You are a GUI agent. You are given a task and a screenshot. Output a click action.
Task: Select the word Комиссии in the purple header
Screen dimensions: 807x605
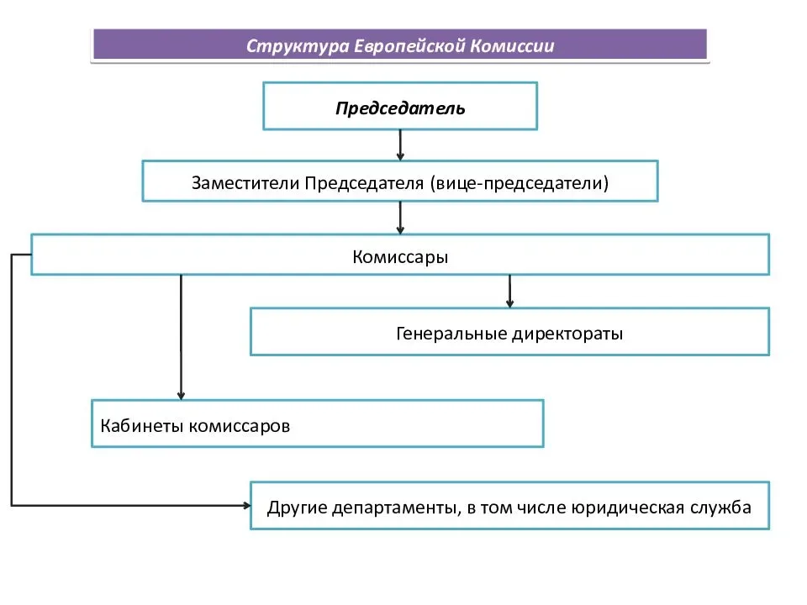pyautogui.click(x=512, y=45)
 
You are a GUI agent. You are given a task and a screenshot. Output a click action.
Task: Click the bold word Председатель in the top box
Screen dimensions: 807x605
pyautogui.click(x=400, y=108)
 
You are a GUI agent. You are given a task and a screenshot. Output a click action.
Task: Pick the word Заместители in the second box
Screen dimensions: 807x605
pyautogui.click(x=245, y=182)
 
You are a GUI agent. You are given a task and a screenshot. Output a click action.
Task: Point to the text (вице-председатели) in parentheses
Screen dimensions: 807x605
pyautogui.click(x=519, y=183)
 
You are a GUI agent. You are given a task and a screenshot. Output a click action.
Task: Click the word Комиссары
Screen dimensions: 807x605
pyautogui.click(x=400, y=257)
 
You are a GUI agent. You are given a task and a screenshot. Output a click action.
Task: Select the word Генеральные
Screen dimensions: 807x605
pyautogui.click(x=452, y=334)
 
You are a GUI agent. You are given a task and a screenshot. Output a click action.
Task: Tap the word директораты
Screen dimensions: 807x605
pyautogui.click(x=567, y=334)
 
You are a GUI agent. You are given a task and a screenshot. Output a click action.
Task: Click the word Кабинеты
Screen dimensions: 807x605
pyautogui.click(x=141, y=425)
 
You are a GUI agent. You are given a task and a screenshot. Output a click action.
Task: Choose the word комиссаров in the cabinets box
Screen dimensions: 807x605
pyautogui.click(x=240, y=426)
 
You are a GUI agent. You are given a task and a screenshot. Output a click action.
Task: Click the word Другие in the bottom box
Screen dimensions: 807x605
pyautogui.click(x=298, y=508)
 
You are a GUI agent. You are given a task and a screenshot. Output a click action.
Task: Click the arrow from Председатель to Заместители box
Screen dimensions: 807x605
pyautogui.click(x=400, y=145)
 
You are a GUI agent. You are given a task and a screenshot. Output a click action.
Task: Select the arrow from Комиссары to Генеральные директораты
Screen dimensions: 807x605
pyautogui.click(x=509, y=292)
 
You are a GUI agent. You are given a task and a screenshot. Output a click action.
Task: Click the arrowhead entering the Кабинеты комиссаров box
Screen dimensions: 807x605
pyautogui.click(x=182, y=396)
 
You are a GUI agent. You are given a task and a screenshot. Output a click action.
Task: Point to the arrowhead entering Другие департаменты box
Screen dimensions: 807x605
pyautogui.click(x=247, y=506)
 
